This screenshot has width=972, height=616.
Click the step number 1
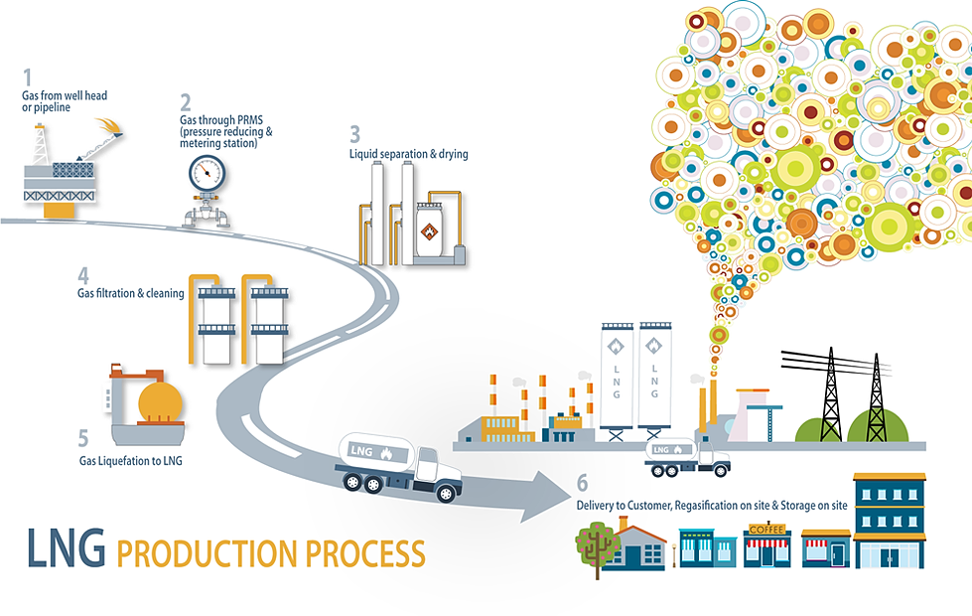point(28,77)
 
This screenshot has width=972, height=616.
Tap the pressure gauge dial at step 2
point(207,172)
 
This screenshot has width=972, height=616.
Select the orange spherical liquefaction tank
point(160,402)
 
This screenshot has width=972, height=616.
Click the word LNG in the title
point(65,548)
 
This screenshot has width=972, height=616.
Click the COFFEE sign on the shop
point(766,530)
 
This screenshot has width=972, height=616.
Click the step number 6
point(582,484)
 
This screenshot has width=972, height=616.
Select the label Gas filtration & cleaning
point(130,293)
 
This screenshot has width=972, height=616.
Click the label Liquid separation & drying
point(408,154)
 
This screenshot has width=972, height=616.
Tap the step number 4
point(83,274)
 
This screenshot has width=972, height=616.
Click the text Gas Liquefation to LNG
point(131,460)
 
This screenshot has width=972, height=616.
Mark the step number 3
point(354,133)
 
